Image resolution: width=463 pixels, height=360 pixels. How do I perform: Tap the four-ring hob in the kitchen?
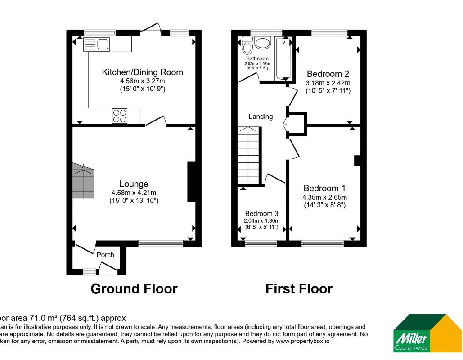coord(119,116)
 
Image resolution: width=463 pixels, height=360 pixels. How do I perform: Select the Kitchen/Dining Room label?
coord(142,72)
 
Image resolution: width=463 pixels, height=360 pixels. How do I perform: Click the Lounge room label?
coord(134,184)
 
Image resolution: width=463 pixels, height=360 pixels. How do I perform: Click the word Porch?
coord(106,255)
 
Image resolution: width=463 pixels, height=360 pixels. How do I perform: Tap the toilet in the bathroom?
coord(247,46)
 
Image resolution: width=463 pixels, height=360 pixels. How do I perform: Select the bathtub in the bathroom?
coord(283,58)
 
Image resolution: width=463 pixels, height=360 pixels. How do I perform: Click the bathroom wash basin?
coord(262,43)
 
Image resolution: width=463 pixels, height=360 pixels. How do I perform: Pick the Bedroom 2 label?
coord(328,74)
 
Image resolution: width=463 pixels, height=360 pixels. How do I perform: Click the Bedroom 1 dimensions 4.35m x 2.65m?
coord(324,197)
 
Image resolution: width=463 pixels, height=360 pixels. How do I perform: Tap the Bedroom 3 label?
coord(261,214)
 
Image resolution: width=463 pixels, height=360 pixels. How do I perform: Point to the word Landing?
coord(261,117)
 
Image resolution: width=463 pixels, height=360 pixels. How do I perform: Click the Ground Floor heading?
coord(134,288)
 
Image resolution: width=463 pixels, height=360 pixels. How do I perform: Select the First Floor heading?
coord(299,288)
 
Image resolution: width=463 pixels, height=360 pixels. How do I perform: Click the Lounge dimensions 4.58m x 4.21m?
coord(134,193)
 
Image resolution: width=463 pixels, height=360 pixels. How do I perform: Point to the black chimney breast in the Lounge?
coord(191,181)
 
